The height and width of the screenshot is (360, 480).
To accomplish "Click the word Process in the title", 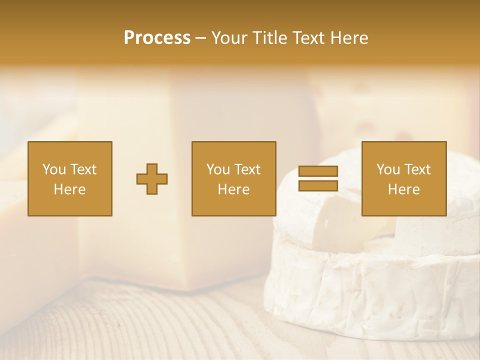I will tap(157, 38).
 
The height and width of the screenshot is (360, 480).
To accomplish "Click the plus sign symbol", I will tap(152, 179).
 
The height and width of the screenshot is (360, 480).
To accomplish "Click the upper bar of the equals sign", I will tap(318, 171).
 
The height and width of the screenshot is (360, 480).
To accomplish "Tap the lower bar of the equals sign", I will tap(318, 186).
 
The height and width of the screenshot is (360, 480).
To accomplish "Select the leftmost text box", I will tap(70, 179).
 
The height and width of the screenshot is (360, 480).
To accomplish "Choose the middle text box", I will tap(234, 179).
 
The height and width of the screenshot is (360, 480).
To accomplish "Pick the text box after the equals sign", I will tap(404, 179).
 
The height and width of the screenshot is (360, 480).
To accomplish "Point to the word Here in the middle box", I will tap(234, 189).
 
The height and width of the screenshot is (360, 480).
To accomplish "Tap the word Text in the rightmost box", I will tap(417, 169).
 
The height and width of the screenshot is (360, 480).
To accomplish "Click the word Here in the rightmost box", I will tap(404, 189).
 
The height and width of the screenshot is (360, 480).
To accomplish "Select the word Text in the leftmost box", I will tap(83, 169).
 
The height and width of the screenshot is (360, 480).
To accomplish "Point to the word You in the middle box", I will tap(218, 169).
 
